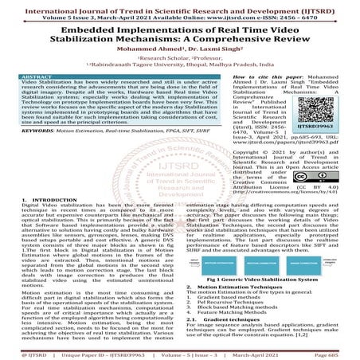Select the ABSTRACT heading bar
(44, 74)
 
